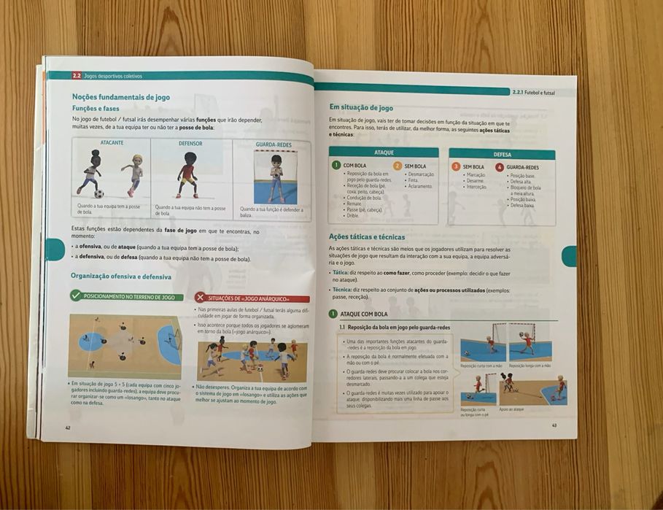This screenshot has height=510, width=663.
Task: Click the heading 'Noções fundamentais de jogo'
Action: pyautogui.click(x=120, y=97)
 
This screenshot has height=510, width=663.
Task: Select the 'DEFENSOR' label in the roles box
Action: pyautogui.click(x=190, y=144)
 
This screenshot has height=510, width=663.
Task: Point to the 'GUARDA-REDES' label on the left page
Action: pyautogui.click(x=274, y=144)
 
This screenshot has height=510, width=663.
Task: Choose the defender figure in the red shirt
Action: pyautogui.click(x=187, y=175)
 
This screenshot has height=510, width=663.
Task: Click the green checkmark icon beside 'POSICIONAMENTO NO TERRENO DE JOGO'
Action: pyautogui.click(x=76, y=295)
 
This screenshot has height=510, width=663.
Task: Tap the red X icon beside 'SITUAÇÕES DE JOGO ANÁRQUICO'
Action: pyautogui.click(x=200, y=298)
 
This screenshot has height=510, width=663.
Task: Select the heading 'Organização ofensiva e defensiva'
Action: pyautogui.click(x=121, y=277)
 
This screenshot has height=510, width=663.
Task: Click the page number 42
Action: pyautogui.click(x=68, y=428)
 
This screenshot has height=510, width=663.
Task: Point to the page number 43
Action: pyautogui.click(x=554, y=425)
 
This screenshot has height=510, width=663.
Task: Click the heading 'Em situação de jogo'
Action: pyautogui.click(x=361, y=107)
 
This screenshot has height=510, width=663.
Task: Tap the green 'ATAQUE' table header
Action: pyautogui.click(x=384, y=152)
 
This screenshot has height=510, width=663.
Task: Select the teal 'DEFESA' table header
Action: pyautogui.click(x=502, y=155)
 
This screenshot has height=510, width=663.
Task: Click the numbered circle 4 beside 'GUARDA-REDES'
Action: pyautogui.click(x=500, y=167)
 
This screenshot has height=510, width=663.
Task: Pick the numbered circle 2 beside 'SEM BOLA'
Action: pyautogui.click(x=398, y=166)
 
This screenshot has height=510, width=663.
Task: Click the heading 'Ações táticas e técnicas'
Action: pyautogui.click(x=366, y=236)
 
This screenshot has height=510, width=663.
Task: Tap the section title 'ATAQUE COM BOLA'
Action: pyautogui.click(x=364, y=314)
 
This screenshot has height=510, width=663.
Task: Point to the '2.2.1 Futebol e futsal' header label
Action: pyautogui.click(x=533, y=93)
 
